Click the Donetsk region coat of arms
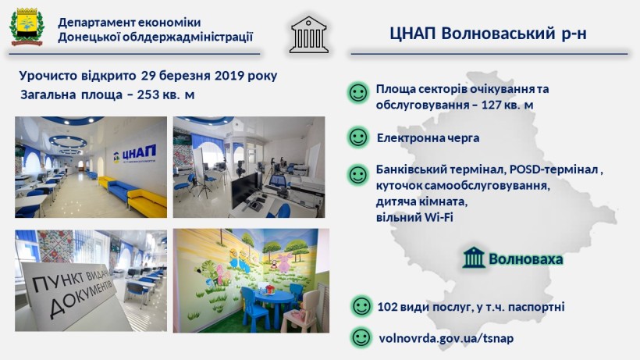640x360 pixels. point(27,27)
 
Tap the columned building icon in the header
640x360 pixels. point(308,34)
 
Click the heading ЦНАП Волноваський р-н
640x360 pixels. point(488,34)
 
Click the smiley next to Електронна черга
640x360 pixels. point(358,137)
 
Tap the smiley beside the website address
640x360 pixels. point(361,337)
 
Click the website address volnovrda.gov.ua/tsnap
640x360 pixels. point(446,338)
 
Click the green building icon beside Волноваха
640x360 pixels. point(474,258)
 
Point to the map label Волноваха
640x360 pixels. point(526,258)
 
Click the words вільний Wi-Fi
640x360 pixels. point(414,217)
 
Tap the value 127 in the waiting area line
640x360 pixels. point(492,105)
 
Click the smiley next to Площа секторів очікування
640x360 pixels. point(358,93)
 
